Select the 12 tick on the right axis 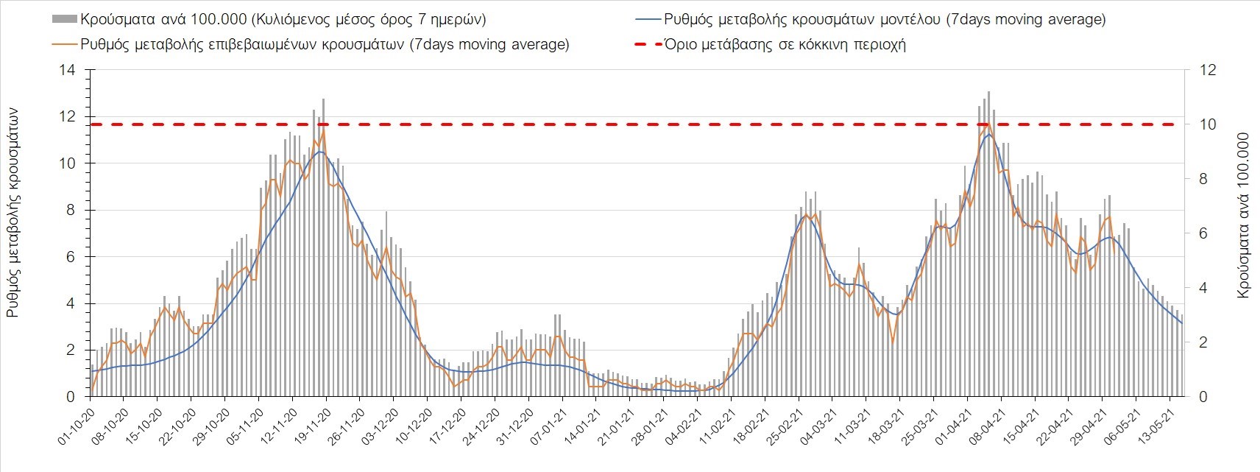[1208, 71]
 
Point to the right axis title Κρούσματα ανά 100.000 [1244, 215]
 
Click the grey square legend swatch [65, 19]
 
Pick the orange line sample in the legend [65, 44]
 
